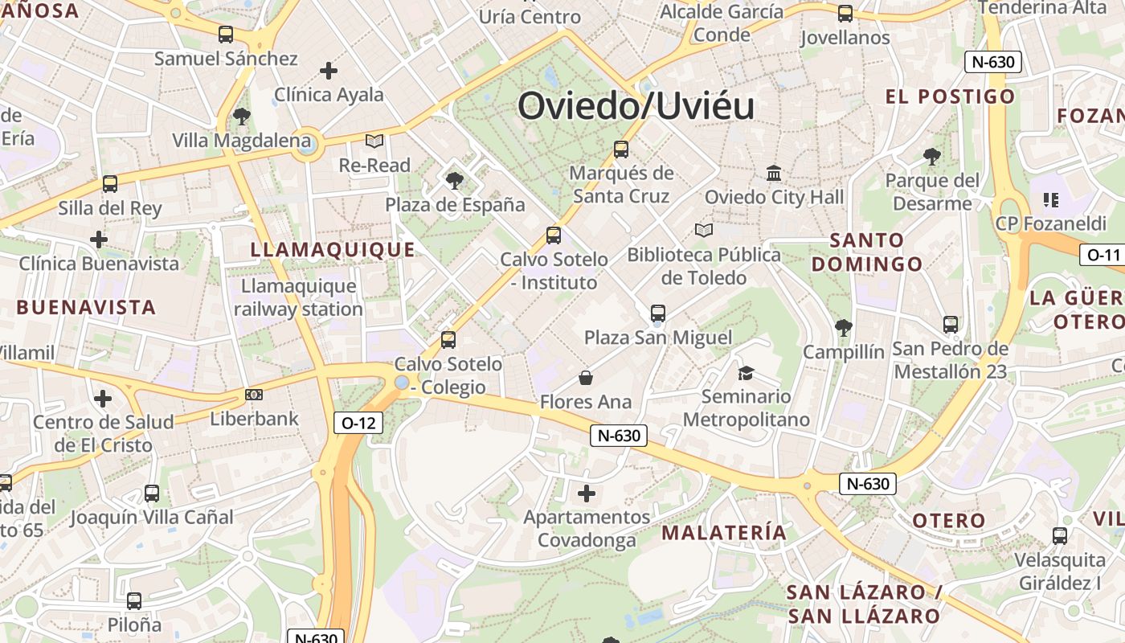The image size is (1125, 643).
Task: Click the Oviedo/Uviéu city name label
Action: pyautogui.click(x=636, y=106)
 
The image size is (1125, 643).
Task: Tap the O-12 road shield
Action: pyautogui.click(x=358, y=423)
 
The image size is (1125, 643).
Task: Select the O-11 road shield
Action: pyautogui.click(x=1102, y=256)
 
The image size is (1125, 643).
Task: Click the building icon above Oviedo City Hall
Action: pyautogui.click(x=774, y=173)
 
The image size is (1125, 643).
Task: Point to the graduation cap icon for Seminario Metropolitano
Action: pyautogui.click(x=747, y=373)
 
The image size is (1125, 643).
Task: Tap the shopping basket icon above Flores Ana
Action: pyautogui.click(x=586, y=378)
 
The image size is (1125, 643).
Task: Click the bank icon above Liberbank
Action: pyautogui.click(x=254, y=395)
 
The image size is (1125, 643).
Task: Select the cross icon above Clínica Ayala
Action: pyautogui.click(x=329, y=71)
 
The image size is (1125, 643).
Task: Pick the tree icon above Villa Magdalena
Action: pyautogui.click(x=241, y=117)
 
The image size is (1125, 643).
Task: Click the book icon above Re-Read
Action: pyautogui.click(x=374, y=141)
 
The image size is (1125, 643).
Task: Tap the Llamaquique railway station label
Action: pyautogui.click(x=298, y=297)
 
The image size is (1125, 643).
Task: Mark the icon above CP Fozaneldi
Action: pyautogui.click(x=1050, y=199)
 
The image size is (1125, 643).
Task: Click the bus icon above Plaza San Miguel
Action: pyautogui.click(x=658, y=313)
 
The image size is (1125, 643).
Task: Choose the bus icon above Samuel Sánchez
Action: pyautogui.click(x=226, y=35)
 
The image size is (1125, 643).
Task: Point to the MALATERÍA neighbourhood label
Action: pyautogui.click(x=724, y=532)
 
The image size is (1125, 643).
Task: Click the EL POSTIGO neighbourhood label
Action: pyautogui.click(x=950, y=97)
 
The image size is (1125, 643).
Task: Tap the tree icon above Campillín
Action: pyautogui.click(x=843, y=327)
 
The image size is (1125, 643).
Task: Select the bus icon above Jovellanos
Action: pyautogui.click(x=845, y=14)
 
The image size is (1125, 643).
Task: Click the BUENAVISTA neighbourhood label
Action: pyautogui.click(x=86, y=307)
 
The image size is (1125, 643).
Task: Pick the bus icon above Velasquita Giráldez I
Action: pyautogui.click(x=1060, y=535)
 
